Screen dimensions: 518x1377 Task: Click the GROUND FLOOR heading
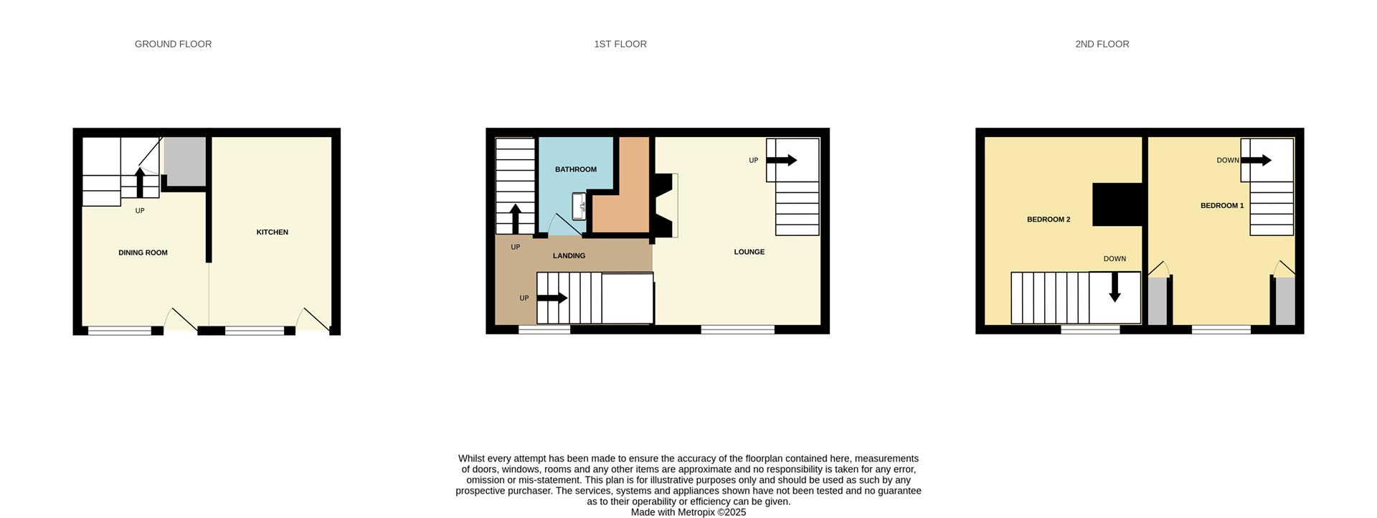(x=173, y=44)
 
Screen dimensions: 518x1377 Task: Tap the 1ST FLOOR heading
(x=620, y=44)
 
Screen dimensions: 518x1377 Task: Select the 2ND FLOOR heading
(x=1102, y=44)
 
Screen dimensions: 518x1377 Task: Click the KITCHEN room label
(x=272, y=232)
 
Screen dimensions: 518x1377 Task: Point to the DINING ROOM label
(x=143, y=253)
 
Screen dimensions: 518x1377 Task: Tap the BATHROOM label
(x=575, y=169)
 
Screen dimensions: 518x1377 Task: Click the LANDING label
(x=569, y=256)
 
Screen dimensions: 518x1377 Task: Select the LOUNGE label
(x=749, y=252)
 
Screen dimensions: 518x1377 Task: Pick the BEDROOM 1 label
(x=1221, y=206)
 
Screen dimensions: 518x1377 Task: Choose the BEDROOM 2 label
(x=1048, y=220)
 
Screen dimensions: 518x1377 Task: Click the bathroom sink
(x=579, y=207)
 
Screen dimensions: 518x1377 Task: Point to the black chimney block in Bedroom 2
(x=1117, y=204)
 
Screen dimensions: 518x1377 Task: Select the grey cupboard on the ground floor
(x=185, y=161)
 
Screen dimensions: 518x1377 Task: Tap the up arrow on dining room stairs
(x=140, y=182)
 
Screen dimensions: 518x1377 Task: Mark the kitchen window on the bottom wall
(x=255, y=331)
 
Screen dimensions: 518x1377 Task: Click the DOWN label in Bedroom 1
(x=1227, y=161)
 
